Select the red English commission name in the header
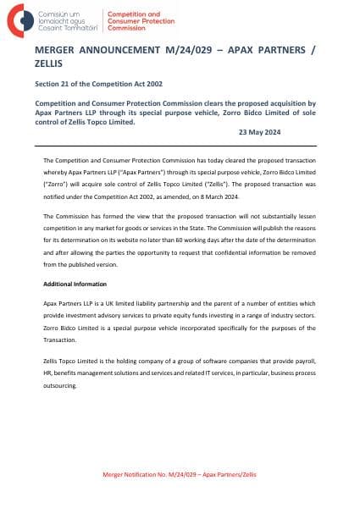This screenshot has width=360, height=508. point(136,20)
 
